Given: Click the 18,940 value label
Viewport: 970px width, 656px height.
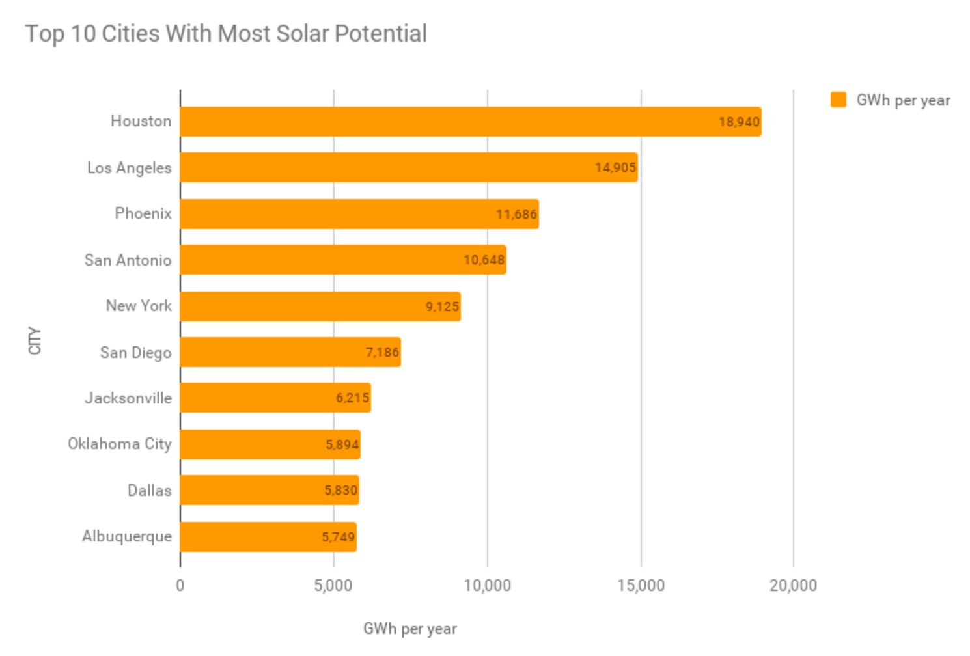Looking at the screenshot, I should click(x=739, y=122).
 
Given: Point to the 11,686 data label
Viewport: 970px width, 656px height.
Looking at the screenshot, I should click(x=516, y=214).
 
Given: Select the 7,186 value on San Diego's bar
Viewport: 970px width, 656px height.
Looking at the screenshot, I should click(x=382, y=353).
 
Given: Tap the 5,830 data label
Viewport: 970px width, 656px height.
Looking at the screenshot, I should click(x=341, y=491).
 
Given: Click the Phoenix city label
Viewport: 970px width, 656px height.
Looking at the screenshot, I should click(x=143, y=213).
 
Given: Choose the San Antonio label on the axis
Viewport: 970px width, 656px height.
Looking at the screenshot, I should click(x=128, y=260).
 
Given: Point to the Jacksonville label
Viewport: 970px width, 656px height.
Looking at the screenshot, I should click(x=128, y=398).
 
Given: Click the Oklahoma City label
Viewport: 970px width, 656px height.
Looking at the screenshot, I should click(x=120, y=444).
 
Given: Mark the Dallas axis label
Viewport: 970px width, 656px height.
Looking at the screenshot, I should click(x=150, y=491).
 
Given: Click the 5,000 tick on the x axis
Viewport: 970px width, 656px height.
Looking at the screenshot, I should click(x=333, y=586).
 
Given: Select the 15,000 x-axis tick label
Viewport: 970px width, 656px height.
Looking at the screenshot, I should click(x=641, y=586).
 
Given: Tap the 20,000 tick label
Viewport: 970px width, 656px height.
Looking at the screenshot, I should click(x=793, y=586).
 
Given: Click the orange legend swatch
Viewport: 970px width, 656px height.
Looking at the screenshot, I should click(x=838, y=100).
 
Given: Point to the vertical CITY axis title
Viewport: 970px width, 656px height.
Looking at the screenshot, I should click(x=35, y=340).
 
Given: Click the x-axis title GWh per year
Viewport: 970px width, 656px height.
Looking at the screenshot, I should click(x=410, y=629).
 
